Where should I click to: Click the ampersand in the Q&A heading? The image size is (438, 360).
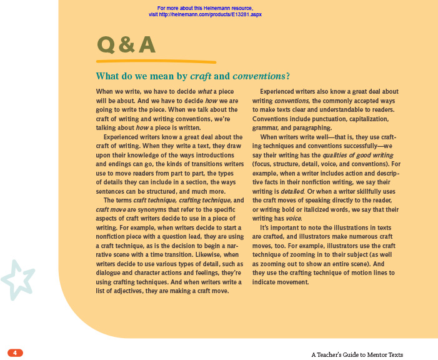tap(126, 45)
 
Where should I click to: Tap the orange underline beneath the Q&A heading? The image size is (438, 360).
tap(156, 62)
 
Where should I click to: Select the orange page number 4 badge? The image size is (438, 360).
tap(15, 353)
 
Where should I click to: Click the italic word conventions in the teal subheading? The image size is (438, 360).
tap(258, 77)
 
